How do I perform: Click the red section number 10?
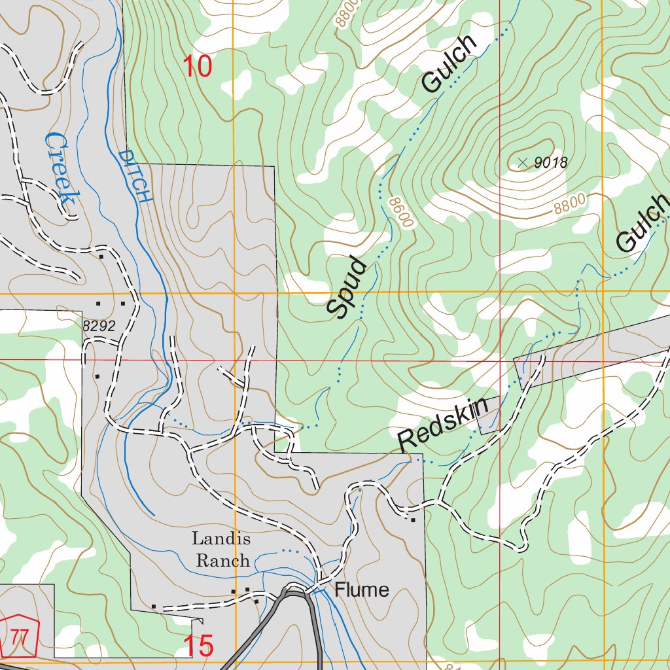tap(197, 67)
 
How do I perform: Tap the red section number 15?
tap(198, 646)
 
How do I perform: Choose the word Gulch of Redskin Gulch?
tap(643, 224)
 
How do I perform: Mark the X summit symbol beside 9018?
tap(521, 162)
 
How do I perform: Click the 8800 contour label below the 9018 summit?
tap(568, 205)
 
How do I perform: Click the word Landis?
tap(220, 539)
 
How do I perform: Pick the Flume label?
tap(362, 590)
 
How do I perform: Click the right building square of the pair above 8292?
tap(122, 304)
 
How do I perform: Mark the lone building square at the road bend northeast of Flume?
tap(413, 520)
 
